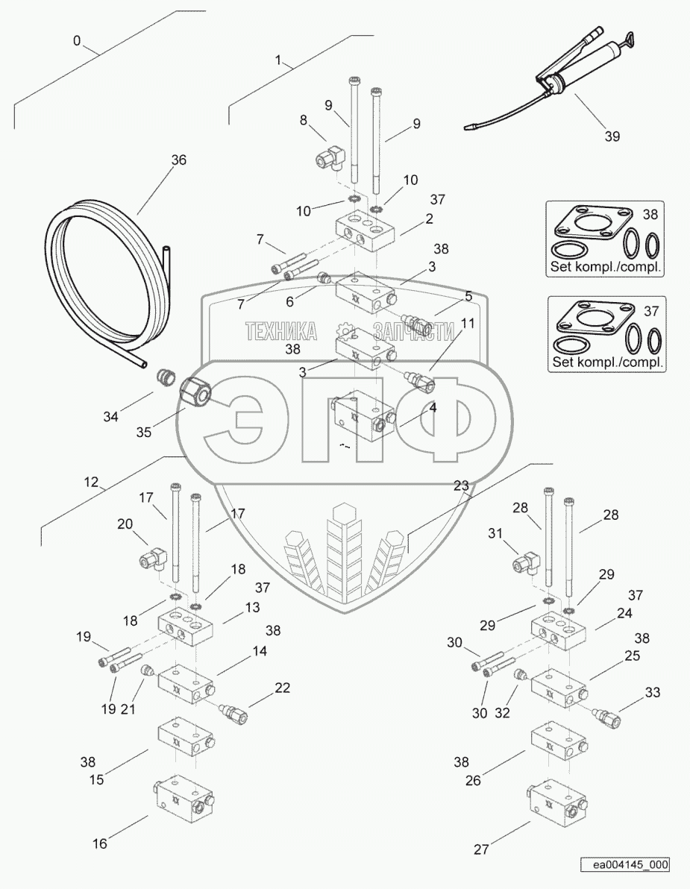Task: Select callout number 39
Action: tap(612, 136)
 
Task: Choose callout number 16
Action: tap(100, 844)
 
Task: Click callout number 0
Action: tap(77, 40)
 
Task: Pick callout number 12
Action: tap(91, 483)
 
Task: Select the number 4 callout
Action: tap(432, 408)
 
